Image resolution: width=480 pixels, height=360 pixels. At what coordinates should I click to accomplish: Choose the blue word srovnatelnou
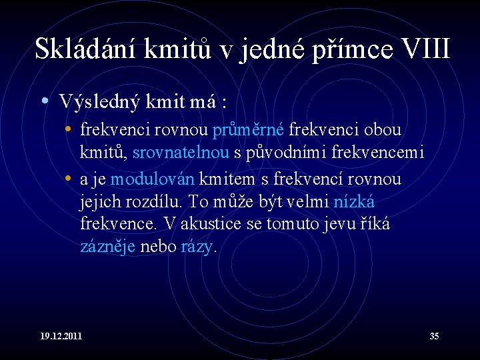[x=181, y=153]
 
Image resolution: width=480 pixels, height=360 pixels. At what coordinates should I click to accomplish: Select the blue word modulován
[x=152, y=179]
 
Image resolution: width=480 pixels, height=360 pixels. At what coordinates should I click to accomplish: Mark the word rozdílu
[x=157, y=201]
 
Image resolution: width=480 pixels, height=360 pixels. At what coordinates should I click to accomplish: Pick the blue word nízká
[x=359, y=201]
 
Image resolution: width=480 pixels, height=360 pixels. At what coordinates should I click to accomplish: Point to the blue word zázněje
[x=108, y=247]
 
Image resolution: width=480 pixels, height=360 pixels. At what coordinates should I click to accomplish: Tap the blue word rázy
[x=197, y=247]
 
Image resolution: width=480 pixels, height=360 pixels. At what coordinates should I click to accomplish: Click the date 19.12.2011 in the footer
[x=61, y=336]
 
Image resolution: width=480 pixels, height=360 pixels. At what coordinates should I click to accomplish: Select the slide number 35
[x=434, y=336]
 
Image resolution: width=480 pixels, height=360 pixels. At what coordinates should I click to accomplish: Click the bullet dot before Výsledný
[x=43, y=102]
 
